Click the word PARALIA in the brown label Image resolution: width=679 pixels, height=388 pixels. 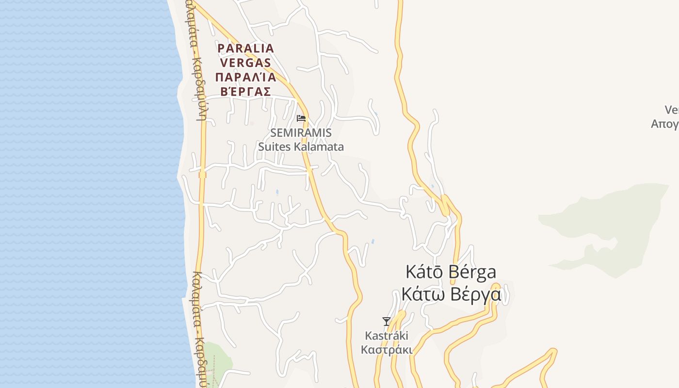coord(246,48)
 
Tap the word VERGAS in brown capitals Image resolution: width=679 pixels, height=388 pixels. coord(246,63)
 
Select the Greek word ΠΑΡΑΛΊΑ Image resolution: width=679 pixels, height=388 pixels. coord(246,77)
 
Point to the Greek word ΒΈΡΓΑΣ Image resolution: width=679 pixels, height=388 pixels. coord(246,91)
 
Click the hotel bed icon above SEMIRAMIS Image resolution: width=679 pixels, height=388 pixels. coord(301,118)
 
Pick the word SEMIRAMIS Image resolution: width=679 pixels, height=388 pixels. coord(301,132)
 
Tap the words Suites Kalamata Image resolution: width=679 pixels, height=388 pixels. coord(301,146)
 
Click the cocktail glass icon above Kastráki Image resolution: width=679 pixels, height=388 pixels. coord(386,321)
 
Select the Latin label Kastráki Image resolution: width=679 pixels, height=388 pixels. coord(387,336)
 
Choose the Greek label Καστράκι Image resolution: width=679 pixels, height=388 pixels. coord(387,350)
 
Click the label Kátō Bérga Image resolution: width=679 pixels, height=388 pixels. coord(451,272)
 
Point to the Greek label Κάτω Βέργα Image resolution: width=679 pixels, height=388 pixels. coord(451,294)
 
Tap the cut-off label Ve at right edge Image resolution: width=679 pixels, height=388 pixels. coord(671,110)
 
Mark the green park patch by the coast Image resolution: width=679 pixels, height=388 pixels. coord(216,361)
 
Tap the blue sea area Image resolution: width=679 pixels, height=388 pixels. coord(87,194)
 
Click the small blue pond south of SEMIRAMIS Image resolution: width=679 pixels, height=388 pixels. coord(277,192)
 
